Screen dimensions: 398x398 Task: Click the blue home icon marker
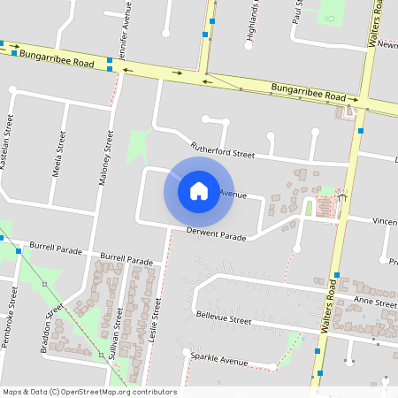coord(199,190)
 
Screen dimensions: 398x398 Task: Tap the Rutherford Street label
coord(222,150)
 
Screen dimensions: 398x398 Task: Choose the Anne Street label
coord(375,302)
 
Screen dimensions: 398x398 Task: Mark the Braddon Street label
coord(52,331)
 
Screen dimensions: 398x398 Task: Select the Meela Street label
coord(57,156)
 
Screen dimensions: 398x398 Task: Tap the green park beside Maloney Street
coord(136,147)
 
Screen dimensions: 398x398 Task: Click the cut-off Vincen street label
coord(384,221)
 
